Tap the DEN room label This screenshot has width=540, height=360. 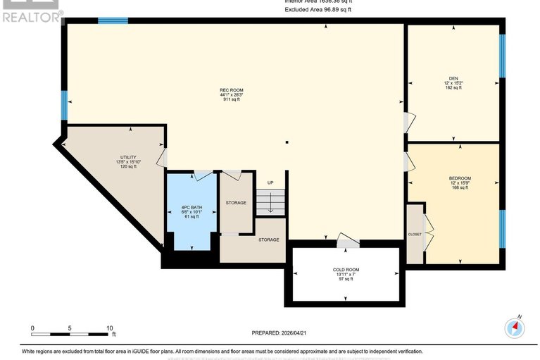click(x=453, y=78)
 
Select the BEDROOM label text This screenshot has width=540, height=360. click(x=459, y=178)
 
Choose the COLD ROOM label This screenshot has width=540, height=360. click(x=346, y=270)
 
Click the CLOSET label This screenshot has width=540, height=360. click(x=415, y=233)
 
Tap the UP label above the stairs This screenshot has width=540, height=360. click(x=270, y=183)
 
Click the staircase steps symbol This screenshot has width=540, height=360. click(x=270, y=204)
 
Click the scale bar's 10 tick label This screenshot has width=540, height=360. click(x=110, y=328)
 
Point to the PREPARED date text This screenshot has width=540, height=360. click(x=280, y=333)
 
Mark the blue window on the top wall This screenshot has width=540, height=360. click(x=113, y=21)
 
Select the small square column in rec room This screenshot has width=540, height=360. click(x=287, y=143)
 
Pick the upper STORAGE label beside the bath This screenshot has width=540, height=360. click(x=236, y=203)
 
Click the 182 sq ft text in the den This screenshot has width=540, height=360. click(x=453, y=88)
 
